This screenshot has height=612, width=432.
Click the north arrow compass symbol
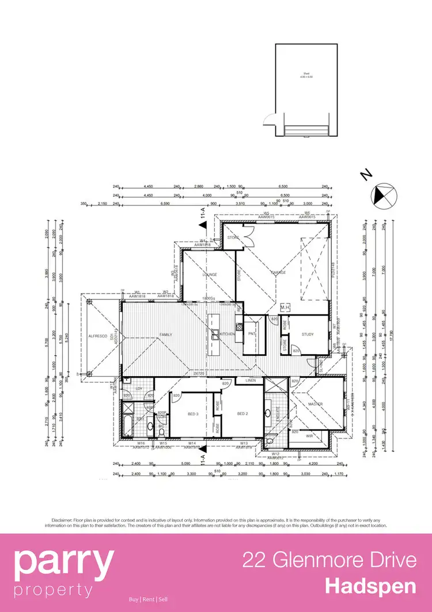click(x=383, y=194)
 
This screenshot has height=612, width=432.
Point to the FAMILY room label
click(x=166, y=335)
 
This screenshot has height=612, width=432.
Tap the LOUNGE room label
click(x=209, y=275)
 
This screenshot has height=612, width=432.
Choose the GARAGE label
click(x=279, y=272)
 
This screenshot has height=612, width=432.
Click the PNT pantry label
click(x=251, y=335)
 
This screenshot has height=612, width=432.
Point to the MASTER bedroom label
click(x=314, y=404)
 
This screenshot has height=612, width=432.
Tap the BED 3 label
click(x=193, y=414)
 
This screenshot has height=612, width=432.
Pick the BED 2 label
click(x=242, y=414)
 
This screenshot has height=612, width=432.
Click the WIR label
click(x=309, y=436)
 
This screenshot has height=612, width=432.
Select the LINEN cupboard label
click(x=250, y=381)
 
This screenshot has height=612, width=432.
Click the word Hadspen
click(x=370, y=587)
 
